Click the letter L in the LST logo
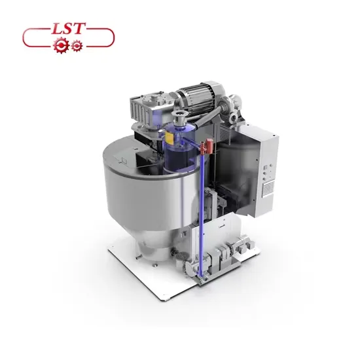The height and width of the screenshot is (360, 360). [x=57, y=29]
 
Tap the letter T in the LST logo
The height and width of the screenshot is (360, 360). [x=79, y=28]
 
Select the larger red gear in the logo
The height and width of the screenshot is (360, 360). [x=61, y=45]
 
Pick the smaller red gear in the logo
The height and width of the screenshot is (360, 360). [x=77, y=46]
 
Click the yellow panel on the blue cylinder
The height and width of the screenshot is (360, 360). [x=170, y=138]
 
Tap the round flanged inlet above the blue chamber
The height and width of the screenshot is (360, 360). [x=179, y=115]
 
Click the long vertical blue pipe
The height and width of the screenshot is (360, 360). [x=202, y=211]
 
